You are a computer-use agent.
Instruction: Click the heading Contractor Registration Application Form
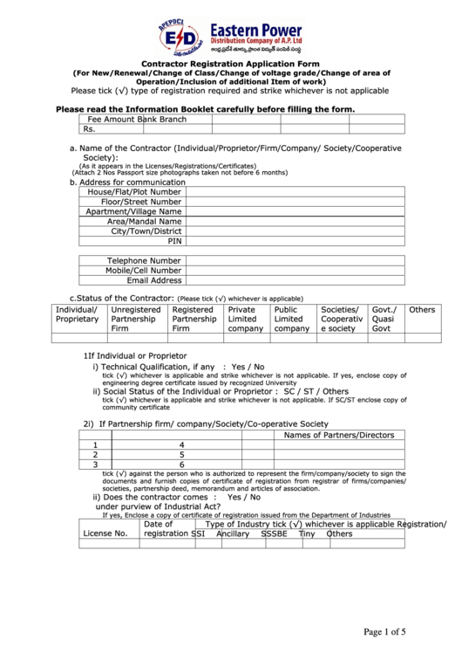pyautogui.click(x=230, y=65)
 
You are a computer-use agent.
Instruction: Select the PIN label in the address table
pyautogui.click(x=174, y=240)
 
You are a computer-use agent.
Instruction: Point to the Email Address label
pyautogui.click(x=154, y=280)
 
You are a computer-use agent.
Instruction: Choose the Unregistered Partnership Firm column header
pyautogui.click(x=136, y=319)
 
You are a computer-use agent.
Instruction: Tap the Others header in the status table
pyautogui.click(x=422, y=310)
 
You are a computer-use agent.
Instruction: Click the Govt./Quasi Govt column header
pyautogui.click(x=384, y=319)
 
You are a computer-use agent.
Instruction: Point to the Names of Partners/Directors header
pyautogui.click(x=339, y=435)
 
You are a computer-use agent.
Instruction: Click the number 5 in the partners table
pyautogui.click(x=181, y=455)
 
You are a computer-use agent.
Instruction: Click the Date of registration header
pyautogui.click(x=165, y=528)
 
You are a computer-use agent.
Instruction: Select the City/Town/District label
pyautogui.click(x=146, y=231)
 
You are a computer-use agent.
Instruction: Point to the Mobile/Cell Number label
pyautogui.click(x=143, y=271)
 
